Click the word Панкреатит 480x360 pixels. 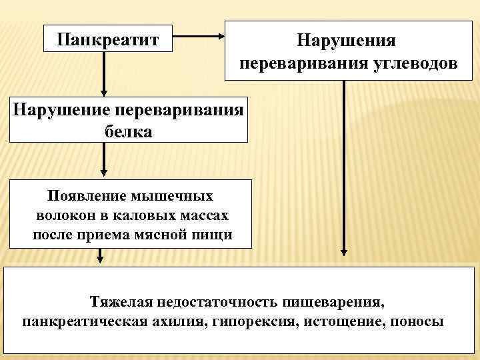click(107, 38)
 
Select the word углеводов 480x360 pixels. click(415, 65)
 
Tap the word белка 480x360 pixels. click(129, 132)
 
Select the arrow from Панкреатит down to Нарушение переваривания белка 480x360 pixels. click(104, 73)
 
